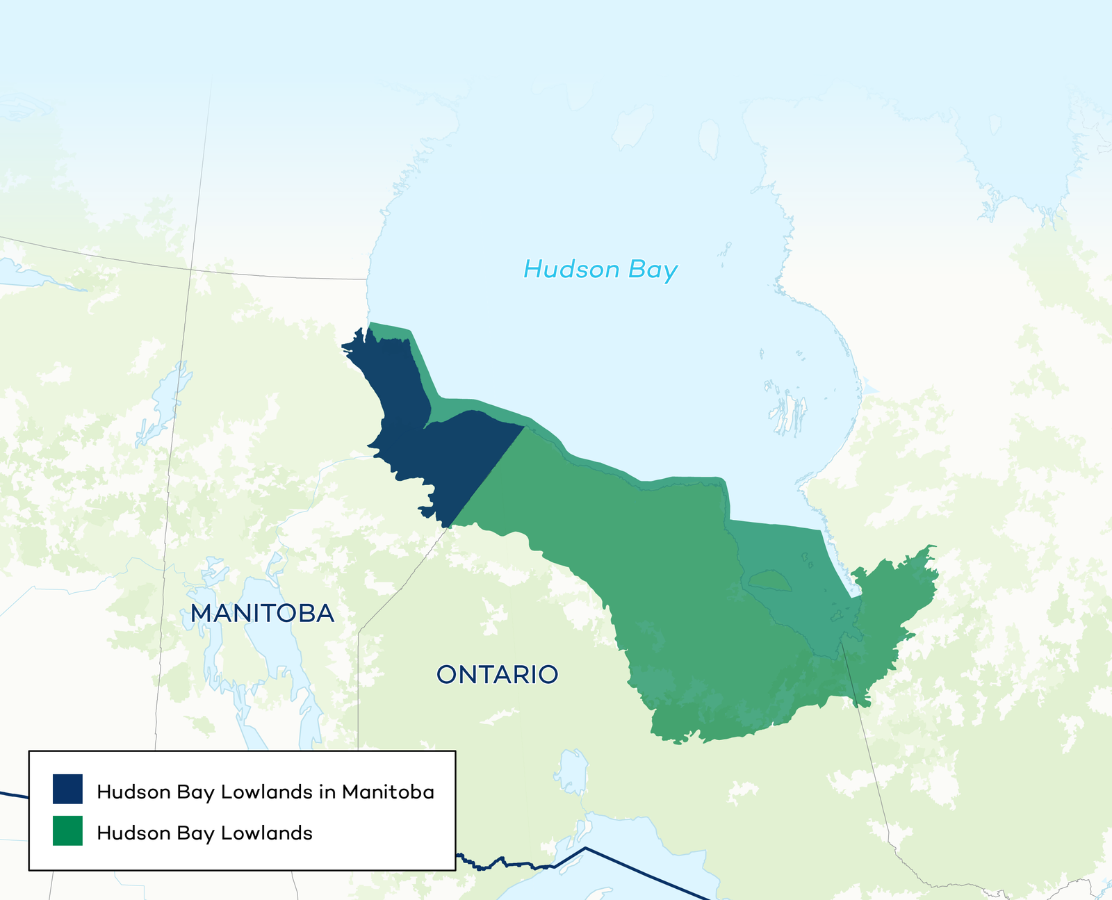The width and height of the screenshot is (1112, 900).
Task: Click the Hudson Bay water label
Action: click(x=600, y=270)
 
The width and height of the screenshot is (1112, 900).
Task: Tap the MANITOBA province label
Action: click(x=263, y=613)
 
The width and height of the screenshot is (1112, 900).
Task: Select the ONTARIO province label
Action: click(x=497, y=674)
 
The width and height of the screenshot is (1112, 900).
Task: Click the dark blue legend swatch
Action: click(x=67, y=789)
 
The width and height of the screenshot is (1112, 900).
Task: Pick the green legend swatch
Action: click(x=67, y=831)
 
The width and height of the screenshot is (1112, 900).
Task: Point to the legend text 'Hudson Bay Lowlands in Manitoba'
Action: click(x=265, y=792)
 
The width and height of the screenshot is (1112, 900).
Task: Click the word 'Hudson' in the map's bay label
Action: click(x=571, y=270)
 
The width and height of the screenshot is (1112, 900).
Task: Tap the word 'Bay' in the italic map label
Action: click(x=653, y=271)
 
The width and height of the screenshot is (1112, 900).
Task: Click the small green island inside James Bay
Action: click(x=769, y=580)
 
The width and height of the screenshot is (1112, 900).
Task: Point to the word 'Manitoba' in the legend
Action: click(x=388, y=792)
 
